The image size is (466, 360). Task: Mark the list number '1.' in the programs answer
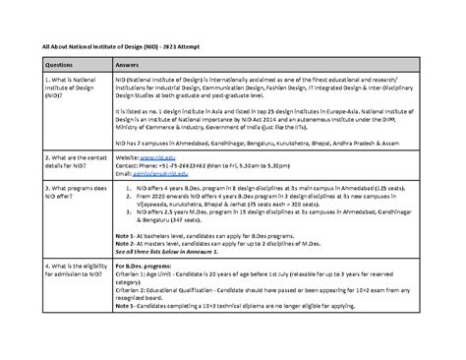(x=120, y=186)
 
